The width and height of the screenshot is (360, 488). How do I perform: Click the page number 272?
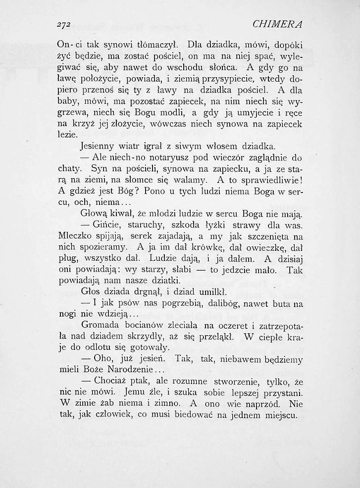point(65,24)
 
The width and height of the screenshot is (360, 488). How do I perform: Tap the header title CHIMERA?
point(278,24)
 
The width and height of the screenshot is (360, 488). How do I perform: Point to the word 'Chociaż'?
point(111,382)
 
